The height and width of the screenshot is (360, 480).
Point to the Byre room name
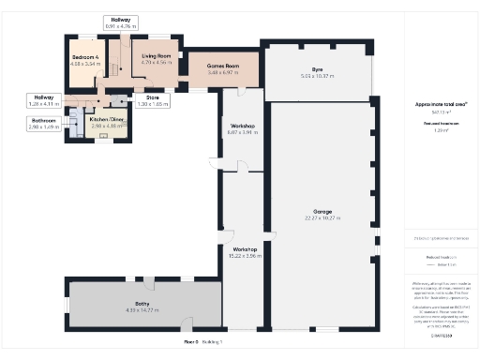coord(318,70)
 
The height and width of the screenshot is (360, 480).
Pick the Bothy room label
coord(142,304)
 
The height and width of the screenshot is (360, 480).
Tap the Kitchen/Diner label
coord(107,119)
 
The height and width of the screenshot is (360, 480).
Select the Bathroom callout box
coord(43,122)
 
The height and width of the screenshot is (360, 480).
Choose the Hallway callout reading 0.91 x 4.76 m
coord(121,22)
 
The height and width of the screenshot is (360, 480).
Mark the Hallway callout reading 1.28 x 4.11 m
coord(43,99)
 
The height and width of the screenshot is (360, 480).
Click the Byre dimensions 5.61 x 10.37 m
coord(318,75)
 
